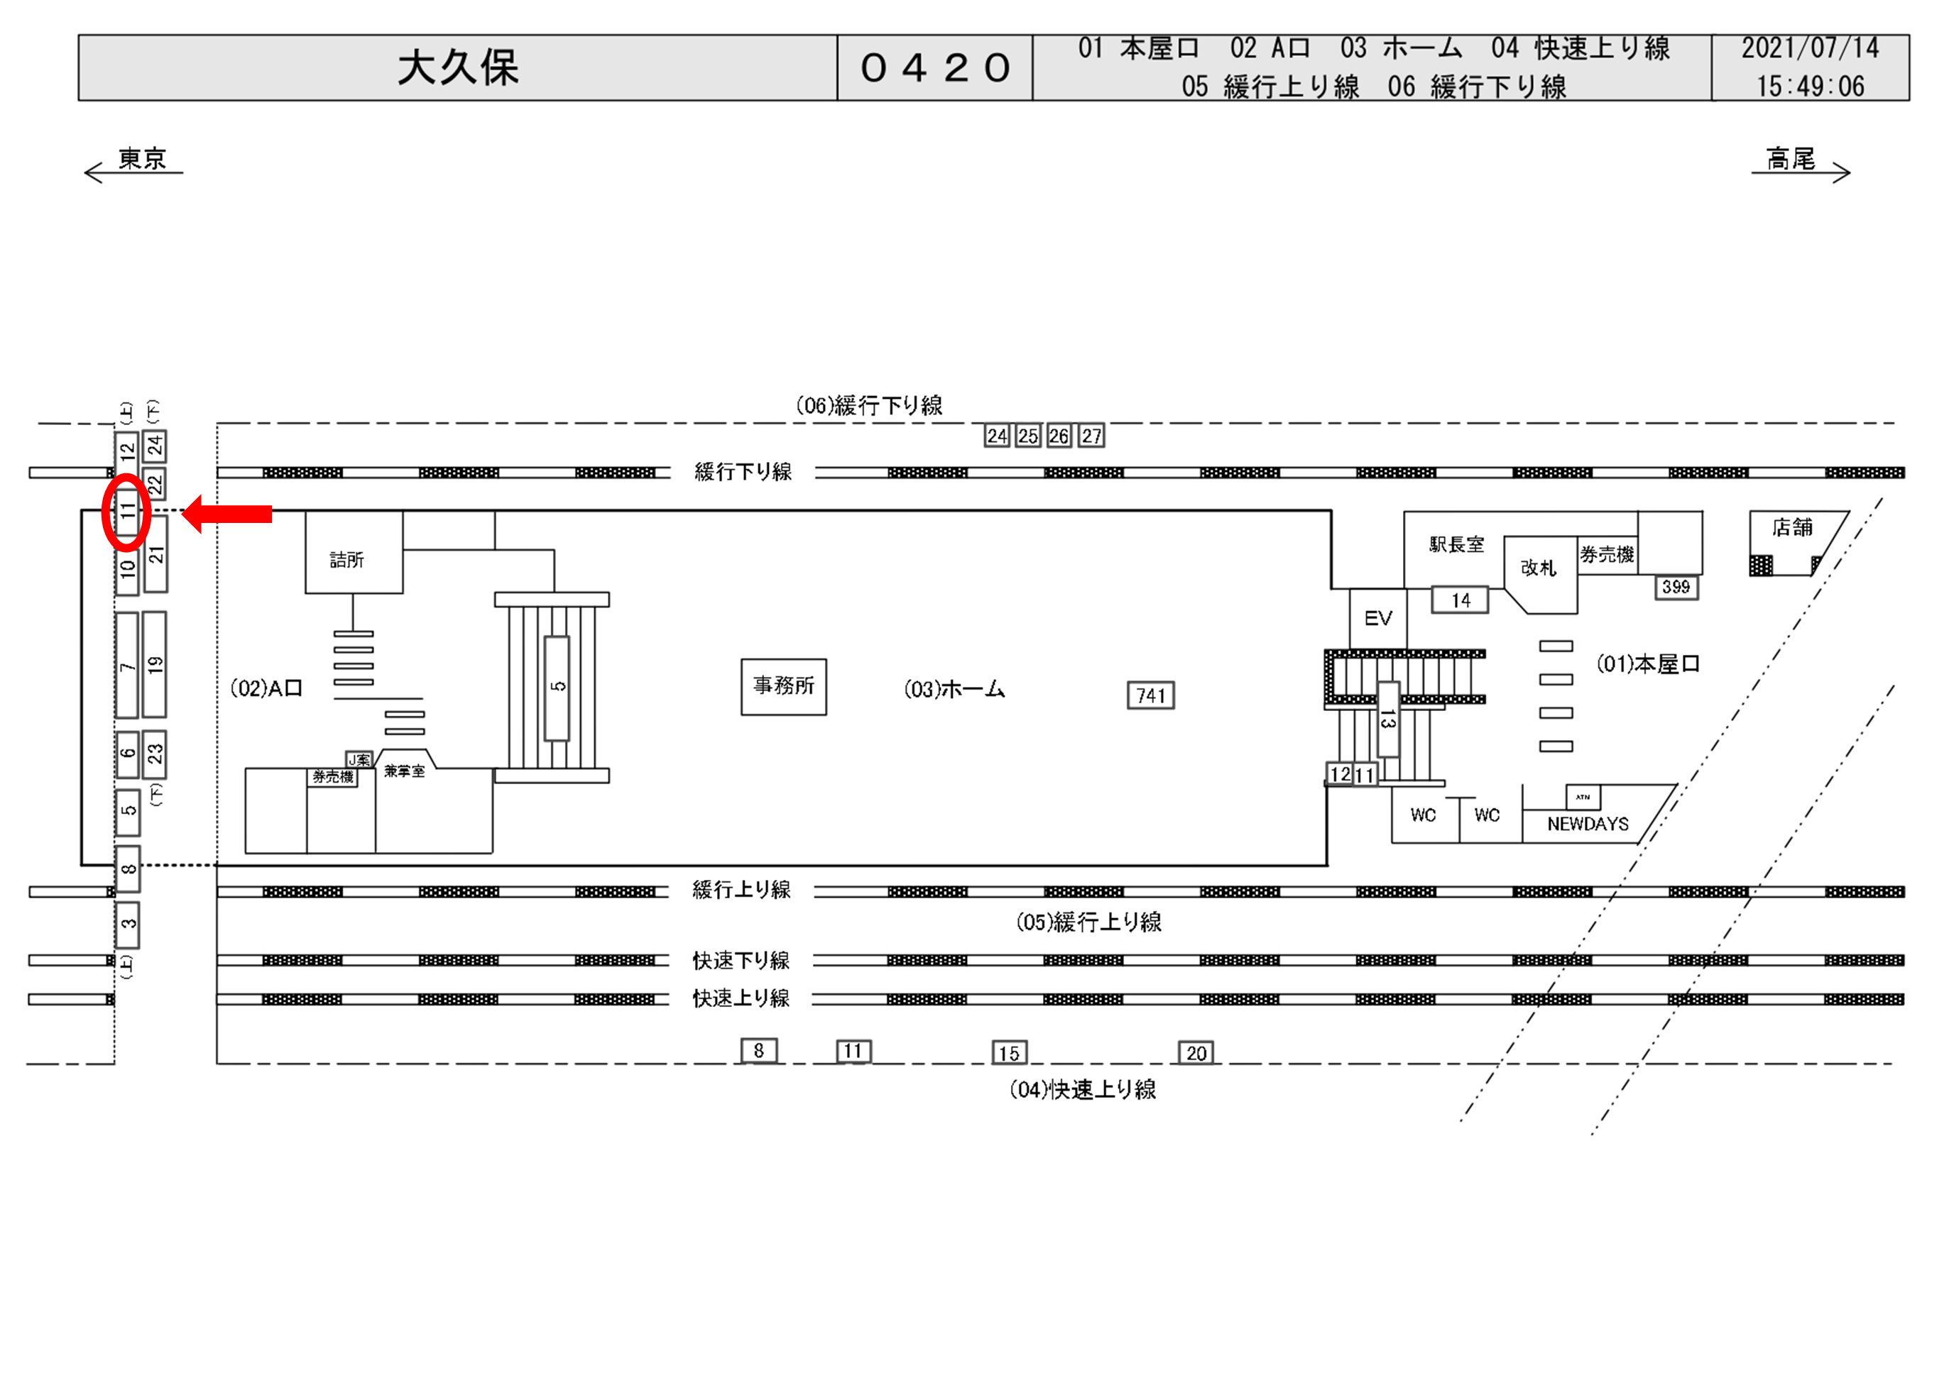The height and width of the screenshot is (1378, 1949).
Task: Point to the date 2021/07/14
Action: point(1810,48)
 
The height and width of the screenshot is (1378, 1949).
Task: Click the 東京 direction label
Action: point(142,159)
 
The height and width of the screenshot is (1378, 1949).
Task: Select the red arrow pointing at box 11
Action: point(227,513)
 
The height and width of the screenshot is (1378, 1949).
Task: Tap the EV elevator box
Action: point(1377,618)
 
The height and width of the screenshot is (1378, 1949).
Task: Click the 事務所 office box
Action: point(783,686)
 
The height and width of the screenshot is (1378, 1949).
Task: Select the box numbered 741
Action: point(1150,696)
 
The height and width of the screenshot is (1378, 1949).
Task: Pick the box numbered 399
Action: point(1676,588)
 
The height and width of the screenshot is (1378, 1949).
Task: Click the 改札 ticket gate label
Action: point(1538,568)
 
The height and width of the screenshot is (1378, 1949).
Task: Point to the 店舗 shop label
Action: point(1792,528)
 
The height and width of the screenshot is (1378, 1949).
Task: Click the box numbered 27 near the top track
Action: point(1091,436)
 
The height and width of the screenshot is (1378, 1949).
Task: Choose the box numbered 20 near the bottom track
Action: point(1195,1053)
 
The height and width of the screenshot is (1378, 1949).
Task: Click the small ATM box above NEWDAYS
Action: point(1583,797)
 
